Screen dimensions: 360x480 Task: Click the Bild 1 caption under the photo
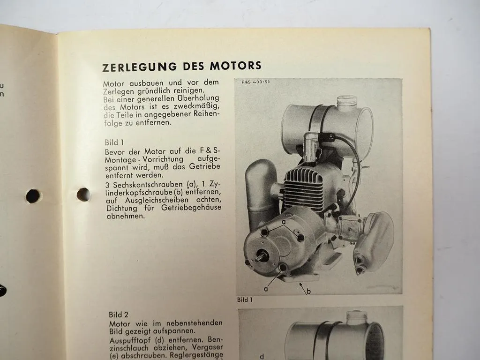[245, 300]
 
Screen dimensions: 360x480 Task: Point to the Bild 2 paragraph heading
[119, 315]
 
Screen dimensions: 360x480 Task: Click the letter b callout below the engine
[308, 292]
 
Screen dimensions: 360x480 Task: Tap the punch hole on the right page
[83, 194]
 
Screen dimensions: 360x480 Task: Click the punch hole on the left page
[33, 196]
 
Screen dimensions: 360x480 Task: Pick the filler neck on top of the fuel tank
[347, 103]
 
